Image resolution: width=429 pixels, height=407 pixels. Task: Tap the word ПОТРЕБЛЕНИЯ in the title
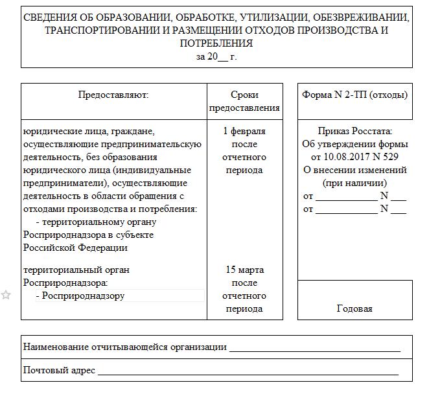(216, 43)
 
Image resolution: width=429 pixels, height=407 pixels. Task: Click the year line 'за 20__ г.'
(216, 56)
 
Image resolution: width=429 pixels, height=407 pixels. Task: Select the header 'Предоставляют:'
(113, 95)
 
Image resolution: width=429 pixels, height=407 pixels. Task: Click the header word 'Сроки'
(244, 95)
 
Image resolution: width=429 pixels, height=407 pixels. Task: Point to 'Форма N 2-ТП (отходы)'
(354, 95)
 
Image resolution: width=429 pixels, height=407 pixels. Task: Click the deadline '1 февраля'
(244, 131)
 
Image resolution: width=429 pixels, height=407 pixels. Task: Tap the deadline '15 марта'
(244, 270)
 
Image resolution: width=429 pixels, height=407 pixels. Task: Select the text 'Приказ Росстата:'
(355, 131)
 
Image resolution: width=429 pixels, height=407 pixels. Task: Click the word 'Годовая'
(354, 308)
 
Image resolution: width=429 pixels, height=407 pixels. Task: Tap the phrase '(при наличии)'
(354, 183)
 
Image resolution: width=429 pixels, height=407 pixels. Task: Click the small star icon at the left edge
(6, 296)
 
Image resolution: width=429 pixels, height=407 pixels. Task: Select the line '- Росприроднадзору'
(80, 296)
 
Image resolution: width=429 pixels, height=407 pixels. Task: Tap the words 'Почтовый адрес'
(59, 371)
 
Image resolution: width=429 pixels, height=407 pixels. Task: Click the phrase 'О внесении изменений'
(354, 170)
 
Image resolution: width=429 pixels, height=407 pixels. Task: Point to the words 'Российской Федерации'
(75, 247)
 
